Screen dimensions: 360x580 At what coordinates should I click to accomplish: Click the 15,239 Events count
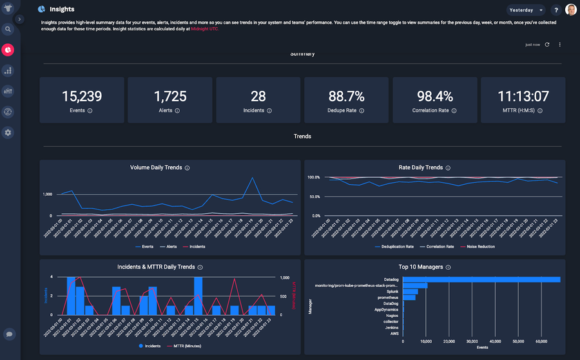tap(82, 97)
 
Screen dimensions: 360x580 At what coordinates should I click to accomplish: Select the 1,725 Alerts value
tap(170, 97)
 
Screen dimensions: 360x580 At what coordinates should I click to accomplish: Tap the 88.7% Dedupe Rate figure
tap(346, 97)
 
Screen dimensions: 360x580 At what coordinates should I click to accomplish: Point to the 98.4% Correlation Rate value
tap(434, 97)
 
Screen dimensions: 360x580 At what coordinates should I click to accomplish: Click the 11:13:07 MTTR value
tap(523, 97)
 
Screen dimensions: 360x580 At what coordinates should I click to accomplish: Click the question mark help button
tap(556, 10)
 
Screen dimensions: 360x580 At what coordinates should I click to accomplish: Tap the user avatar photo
tap(571, 10)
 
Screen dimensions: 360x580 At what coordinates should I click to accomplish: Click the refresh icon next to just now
tap(547, 44)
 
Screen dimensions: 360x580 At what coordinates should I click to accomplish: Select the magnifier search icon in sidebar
tap(8, 29)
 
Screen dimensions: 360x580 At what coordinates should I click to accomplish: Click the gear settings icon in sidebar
tap(8, 132)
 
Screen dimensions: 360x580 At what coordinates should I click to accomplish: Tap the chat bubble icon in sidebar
tap(9, 334)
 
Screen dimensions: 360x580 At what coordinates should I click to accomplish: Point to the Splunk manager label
tap(392, 292)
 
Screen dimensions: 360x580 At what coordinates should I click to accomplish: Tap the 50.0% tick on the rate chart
tap(313, 196)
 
